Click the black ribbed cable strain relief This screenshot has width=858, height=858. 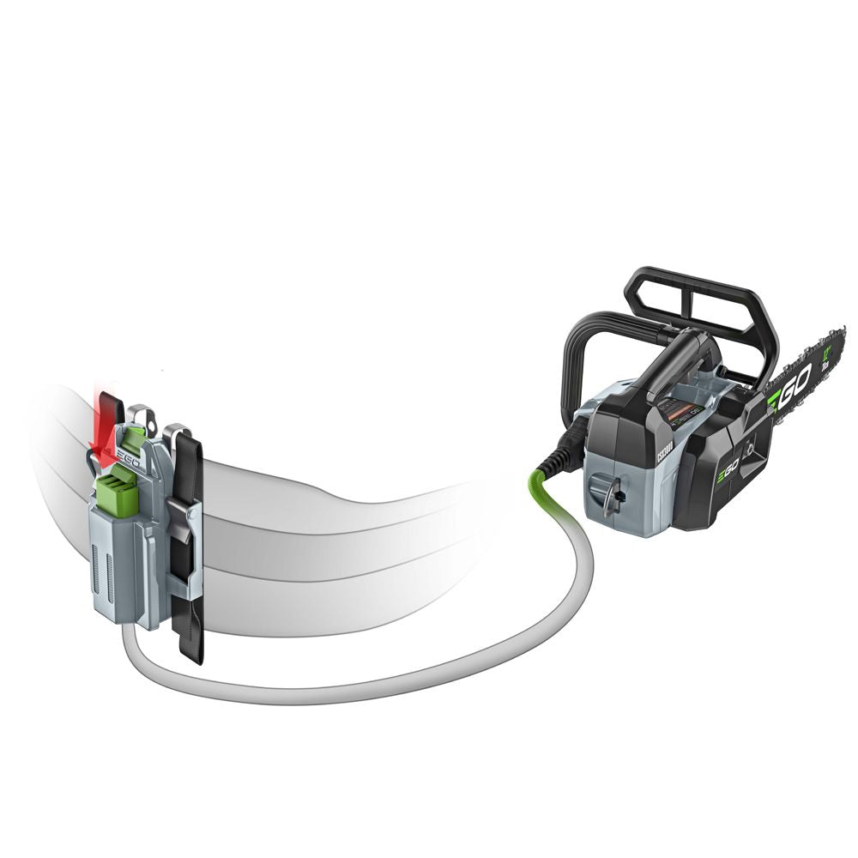pos(567,446)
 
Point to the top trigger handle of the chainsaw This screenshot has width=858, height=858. pos(678,360)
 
